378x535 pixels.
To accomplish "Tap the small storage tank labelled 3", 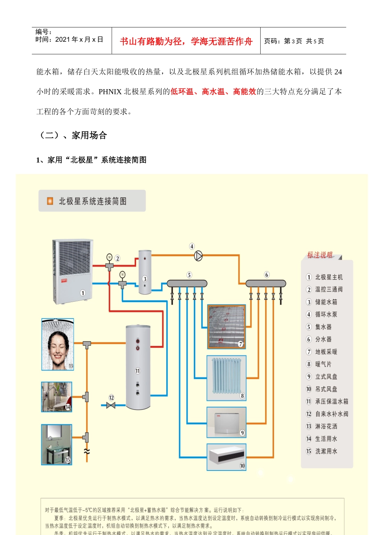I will pos(145,272).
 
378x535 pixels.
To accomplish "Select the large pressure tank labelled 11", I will pos(138,366).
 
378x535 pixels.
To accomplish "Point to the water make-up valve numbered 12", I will pos(111,405).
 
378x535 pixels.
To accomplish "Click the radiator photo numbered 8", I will pos(226,378).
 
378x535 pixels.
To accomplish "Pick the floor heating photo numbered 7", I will pos(226,326).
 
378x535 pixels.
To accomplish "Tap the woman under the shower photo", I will pos(58,345).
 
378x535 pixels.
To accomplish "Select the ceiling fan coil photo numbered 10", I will pos(226,457).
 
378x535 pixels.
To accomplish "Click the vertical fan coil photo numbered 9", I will pos(226,422).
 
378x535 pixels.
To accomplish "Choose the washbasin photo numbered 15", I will pos(57,444).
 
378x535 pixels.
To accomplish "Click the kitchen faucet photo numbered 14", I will pos(57,397).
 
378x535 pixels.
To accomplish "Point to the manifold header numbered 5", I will pos(187,283).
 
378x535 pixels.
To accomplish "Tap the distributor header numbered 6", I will pos(266,283).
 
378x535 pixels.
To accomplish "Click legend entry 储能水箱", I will pos(326,302).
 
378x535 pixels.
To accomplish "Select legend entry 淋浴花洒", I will pos(326,426).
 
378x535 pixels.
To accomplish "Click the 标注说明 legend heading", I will pos(320,255).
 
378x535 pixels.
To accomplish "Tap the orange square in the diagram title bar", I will pos(50,201).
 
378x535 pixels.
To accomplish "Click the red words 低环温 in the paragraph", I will pos(182,92).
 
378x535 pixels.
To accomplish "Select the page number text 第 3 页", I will pos(293,41).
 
